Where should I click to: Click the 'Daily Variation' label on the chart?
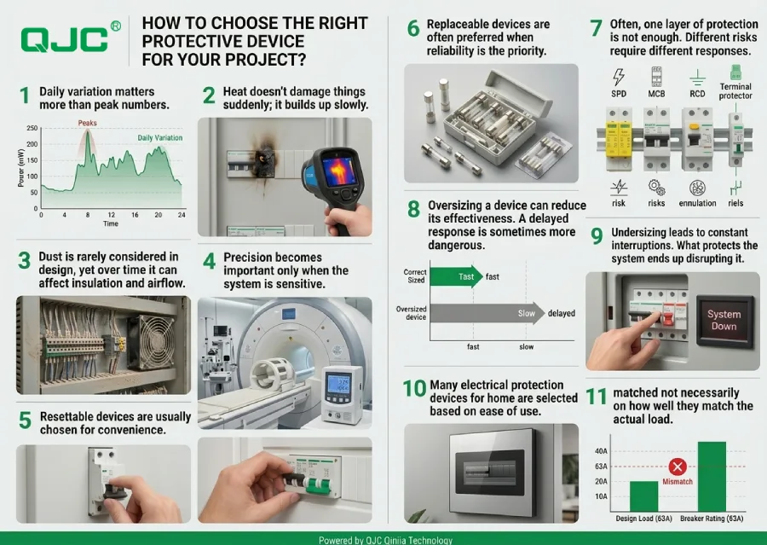(x=159, y=137)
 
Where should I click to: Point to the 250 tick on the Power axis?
(x=32, y=129)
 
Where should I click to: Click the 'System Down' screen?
(x=724, y=320)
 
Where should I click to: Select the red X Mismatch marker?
(x=678, y=467)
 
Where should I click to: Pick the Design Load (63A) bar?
(x=643, y=495)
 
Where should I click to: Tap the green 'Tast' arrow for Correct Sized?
(x=455, y=276)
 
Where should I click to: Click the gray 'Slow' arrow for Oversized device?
(x=487, y=313)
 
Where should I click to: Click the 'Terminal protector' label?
(x=735, y=91)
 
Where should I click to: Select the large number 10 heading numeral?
(x=414, y=389)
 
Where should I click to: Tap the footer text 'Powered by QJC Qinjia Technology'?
(x=383, y=539)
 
